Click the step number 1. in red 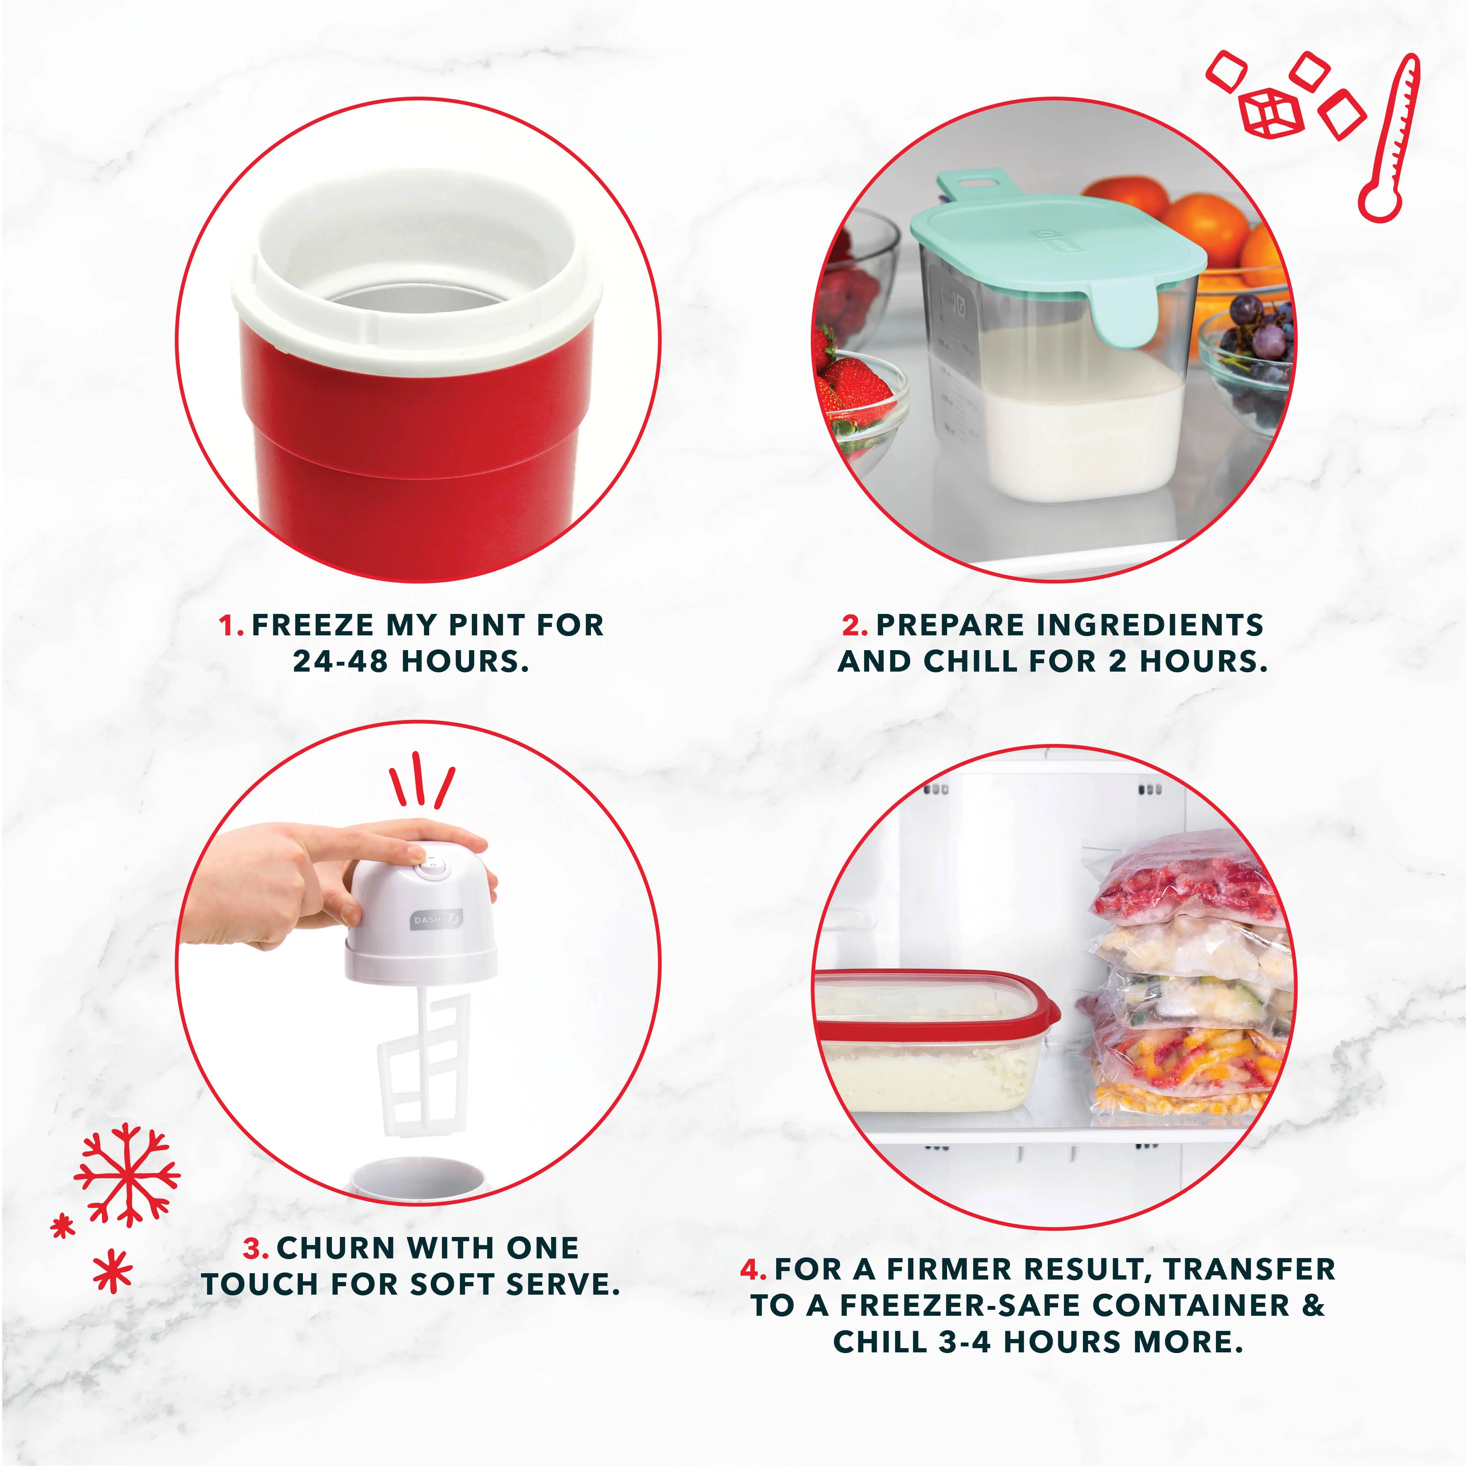pyautogui.click(x=231, y=626)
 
